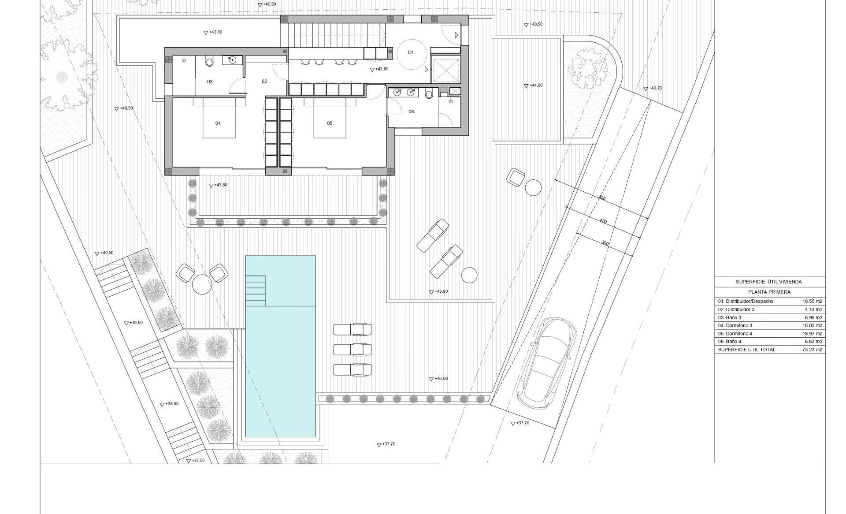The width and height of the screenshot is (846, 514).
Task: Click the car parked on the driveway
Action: coord(547,363)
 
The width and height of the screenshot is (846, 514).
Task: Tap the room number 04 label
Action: coord(218,123)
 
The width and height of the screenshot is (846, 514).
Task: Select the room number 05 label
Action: coord(330,123)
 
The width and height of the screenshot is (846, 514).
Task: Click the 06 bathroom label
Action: coord(411,112)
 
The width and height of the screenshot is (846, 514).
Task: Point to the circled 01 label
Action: coord(411,52)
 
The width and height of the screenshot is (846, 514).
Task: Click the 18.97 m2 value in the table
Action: coord(813,334)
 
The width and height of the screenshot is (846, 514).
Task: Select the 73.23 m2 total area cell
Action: coord(813,350)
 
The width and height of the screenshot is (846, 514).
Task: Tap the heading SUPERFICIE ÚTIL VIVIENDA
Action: coord(768,282)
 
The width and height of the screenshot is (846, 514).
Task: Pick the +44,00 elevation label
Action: coord(533,86)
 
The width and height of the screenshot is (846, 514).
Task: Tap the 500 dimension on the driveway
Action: coord(602,198)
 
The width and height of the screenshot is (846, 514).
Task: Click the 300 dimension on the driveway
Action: coord(605,243)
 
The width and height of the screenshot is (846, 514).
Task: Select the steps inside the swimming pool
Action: coord(256,291)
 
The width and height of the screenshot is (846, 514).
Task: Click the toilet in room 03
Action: coord(210,61)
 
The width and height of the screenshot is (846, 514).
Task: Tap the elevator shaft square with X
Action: coord(446,70)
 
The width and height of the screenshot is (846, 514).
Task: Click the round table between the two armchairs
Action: coord(202,284)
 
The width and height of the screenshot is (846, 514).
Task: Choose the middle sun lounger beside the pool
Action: coord(352,350)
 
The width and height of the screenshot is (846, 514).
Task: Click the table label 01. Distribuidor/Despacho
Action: coord(746,302)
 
